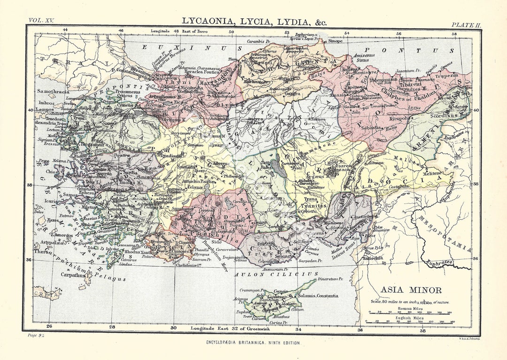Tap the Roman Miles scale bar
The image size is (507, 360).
(409, 314)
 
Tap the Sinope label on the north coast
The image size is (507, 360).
(335, 41)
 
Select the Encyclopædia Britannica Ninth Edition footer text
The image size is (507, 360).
(253, 343)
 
